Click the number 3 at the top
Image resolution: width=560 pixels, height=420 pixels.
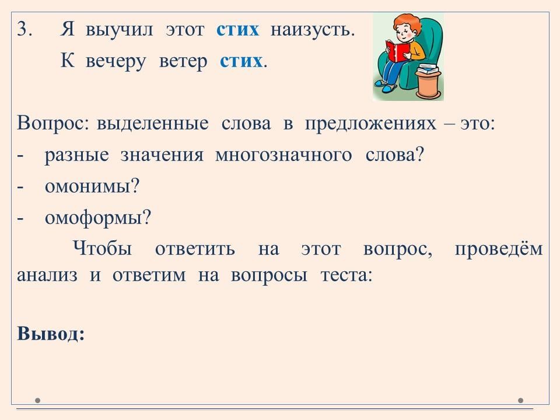(24, 29)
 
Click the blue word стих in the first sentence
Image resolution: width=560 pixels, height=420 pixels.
(237, 29)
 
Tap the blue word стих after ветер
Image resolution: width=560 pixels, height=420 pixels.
(241, 61)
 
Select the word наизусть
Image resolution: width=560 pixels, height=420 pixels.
(312, 29)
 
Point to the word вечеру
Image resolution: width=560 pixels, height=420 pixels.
(116, 61)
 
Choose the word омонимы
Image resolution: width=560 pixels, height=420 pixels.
(92, 186)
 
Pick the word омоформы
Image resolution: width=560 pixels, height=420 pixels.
(98, 218)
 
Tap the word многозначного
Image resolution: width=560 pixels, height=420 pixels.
(283, 155)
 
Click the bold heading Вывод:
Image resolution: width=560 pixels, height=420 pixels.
(51, 334)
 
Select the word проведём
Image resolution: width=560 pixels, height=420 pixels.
(499, 249)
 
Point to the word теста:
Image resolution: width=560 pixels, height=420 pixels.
(346, 275)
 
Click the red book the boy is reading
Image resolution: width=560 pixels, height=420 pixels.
(397, 51)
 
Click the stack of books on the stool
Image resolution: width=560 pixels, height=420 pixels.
(429, 69)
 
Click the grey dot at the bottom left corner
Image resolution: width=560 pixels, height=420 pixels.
(37, 400)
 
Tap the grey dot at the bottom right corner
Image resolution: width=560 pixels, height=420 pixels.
(521, 400)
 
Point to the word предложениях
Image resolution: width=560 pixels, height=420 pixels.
(371, 124)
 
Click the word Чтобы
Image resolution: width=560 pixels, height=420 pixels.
(103, 249)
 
